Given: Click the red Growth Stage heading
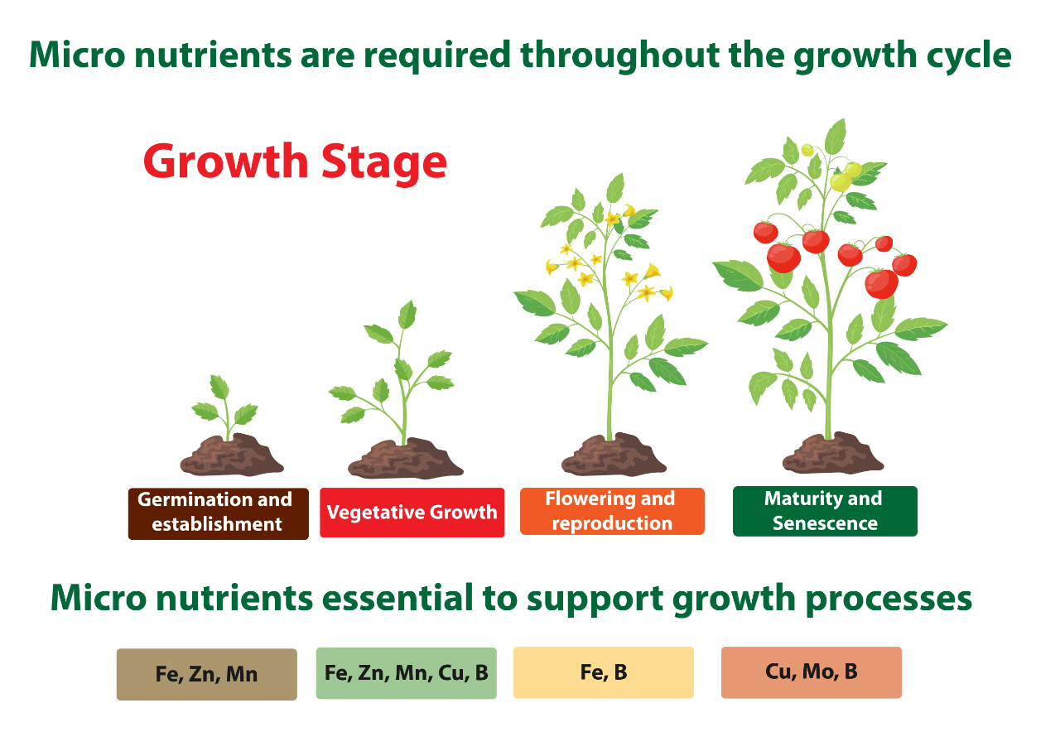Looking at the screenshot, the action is tap(295, 162).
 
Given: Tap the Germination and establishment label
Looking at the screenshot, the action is tap(218, 513).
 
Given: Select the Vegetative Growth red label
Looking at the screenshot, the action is tap(412, 513).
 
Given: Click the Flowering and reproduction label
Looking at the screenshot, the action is tap(612, 512).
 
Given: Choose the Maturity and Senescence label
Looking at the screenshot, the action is tap(825, 511).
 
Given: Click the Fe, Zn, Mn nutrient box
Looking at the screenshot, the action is tap(207, 674).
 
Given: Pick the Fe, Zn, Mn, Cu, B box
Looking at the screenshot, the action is tap(406, 673).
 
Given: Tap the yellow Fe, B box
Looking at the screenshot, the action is tap(604, 672).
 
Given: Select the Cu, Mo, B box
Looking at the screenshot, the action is tap(811, 672).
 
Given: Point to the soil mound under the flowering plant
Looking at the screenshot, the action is tap(614, 455).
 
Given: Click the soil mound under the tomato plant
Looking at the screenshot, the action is tap(832, 453).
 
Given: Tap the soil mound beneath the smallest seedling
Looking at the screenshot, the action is tap(231, 455).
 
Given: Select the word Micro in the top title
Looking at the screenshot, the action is tap(77, 55).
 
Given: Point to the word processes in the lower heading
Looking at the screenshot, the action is tap(889, 599).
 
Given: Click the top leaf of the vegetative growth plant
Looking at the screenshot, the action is tap(407, 314).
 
